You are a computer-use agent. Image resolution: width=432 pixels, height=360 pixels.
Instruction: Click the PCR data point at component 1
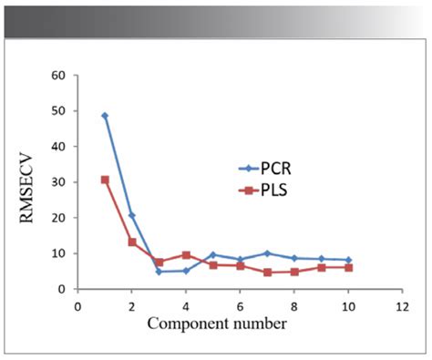(x=105, y=116)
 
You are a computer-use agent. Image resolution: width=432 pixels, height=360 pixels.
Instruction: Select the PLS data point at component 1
(x=105, y=180)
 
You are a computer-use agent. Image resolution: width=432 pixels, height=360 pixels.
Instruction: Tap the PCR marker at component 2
(x=132, y=215)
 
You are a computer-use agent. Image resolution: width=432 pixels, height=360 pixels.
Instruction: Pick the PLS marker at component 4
(x=186, y=255)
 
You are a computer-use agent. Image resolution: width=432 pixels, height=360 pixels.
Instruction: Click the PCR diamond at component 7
(x=267, y=253)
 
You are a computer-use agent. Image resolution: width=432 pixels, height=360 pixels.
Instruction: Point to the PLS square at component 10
(x=348, y=267)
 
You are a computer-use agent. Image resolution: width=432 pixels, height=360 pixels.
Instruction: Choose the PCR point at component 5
(x=213, y=254)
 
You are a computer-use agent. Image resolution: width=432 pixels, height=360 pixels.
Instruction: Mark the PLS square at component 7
(x=267, y=273)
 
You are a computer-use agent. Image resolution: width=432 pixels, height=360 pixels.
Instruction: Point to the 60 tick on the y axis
(x=60, y=75)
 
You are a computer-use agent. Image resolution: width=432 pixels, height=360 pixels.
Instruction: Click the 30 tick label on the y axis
(x=60, y=182)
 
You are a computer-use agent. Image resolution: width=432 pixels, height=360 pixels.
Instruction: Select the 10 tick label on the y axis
(x=60, y=253)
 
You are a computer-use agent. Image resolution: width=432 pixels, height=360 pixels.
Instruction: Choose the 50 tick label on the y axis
(x=60, y=110)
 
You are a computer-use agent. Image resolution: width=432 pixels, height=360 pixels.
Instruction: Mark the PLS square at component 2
(x=132, y=242)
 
